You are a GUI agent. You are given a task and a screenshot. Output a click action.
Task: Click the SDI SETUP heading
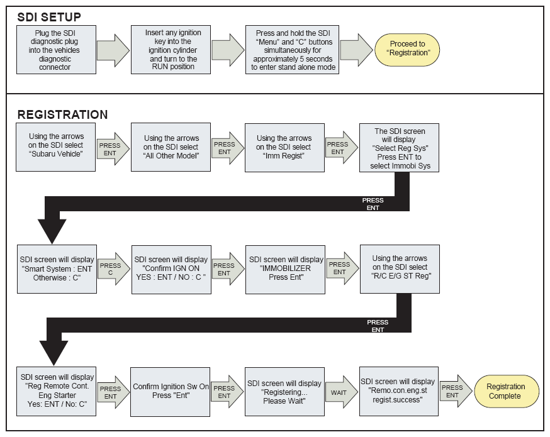[x=49, y=17]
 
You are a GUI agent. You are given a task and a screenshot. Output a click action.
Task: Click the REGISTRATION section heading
[x=62, y=114]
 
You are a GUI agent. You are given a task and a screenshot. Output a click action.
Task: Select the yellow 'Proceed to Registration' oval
[x=407, y=50]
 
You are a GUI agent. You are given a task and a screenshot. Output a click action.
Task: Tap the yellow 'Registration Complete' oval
[x=507, y=392]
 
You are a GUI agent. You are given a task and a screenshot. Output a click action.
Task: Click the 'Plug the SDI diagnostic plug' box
[x=56, y=50]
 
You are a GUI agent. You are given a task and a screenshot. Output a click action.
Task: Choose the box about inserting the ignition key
[x=171, y=50]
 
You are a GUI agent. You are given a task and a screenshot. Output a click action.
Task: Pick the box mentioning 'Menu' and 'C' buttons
[x=292, y=50]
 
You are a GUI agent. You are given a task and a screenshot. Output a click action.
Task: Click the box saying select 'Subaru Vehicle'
[x=56, y=147]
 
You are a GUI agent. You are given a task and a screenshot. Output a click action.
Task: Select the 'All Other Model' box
[x=171, y=147]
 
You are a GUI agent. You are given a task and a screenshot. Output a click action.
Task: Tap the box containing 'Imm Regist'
[x=284, y=148]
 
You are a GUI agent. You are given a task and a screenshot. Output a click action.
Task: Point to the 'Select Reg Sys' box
[x=399, y=148]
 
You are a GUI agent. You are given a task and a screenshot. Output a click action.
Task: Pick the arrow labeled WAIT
[x=342, y=392]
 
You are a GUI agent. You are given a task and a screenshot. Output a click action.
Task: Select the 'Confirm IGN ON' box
[x=172, y=270]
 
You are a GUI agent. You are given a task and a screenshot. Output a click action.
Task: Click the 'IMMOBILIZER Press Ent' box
[x=285, y=270]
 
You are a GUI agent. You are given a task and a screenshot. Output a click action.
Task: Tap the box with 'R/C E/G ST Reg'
[x=400, y=269]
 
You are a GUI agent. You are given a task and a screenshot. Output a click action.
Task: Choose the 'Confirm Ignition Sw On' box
[x=170, y=392]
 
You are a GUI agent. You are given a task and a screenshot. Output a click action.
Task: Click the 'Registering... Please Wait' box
[x=284, y=392]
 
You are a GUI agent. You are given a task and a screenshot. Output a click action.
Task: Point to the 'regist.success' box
[x=399, y=392]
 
